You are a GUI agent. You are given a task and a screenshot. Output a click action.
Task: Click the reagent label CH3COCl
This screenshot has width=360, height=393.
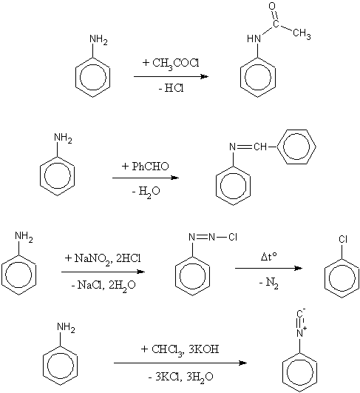pos(176,63)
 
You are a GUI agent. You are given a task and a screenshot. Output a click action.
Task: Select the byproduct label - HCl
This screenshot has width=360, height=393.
pos(171,88)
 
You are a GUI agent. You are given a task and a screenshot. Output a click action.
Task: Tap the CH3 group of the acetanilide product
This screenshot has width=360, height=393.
pos(302,34)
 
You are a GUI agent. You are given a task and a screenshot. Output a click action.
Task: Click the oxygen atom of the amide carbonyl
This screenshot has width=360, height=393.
pos(273,6)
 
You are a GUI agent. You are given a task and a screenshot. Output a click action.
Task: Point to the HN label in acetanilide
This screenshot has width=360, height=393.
pos(254,38)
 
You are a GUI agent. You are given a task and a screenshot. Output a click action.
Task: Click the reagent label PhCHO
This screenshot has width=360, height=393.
pos(150,167)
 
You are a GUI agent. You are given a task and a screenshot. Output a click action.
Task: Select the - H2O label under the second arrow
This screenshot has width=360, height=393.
pos(146,192)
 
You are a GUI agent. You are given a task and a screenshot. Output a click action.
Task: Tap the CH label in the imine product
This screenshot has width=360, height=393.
pos(260,147)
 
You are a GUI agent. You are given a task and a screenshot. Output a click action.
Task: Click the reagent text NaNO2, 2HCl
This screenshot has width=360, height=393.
pos(108,258)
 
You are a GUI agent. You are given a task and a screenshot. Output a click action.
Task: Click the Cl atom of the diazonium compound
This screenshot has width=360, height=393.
pos(233,237)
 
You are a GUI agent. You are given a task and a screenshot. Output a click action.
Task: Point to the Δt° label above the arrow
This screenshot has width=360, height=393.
pos(269,257)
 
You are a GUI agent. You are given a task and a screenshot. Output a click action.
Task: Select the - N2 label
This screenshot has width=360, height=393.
pos(268,283)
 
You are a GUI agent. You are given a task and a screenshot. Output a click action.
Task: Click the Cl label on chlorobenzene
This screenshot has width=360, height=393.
pos(343,239)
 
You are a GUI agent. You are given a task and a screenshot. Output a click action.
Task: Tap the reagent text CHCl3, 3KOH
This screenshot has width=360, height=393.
pos(185,349)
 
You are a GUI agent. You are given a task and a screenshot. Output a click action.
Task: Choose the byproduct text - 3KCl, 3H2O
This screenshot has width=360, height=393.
pos(181,377)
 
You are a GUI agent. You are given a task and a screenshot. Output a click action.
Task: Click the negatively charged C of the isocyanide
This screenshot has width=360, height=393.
pos(300,314)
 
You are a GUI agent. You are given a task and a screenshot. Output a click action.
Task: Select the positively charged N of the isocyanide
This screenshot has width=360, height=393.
pos(300,332)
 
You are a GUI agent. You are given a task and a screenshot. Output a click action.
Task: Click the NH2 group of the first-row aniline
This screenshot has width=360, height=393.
pos(98,40)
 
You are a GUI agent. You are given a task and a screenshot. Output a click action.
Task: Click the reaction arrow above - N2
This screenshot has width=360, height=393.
pos(268,268)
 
